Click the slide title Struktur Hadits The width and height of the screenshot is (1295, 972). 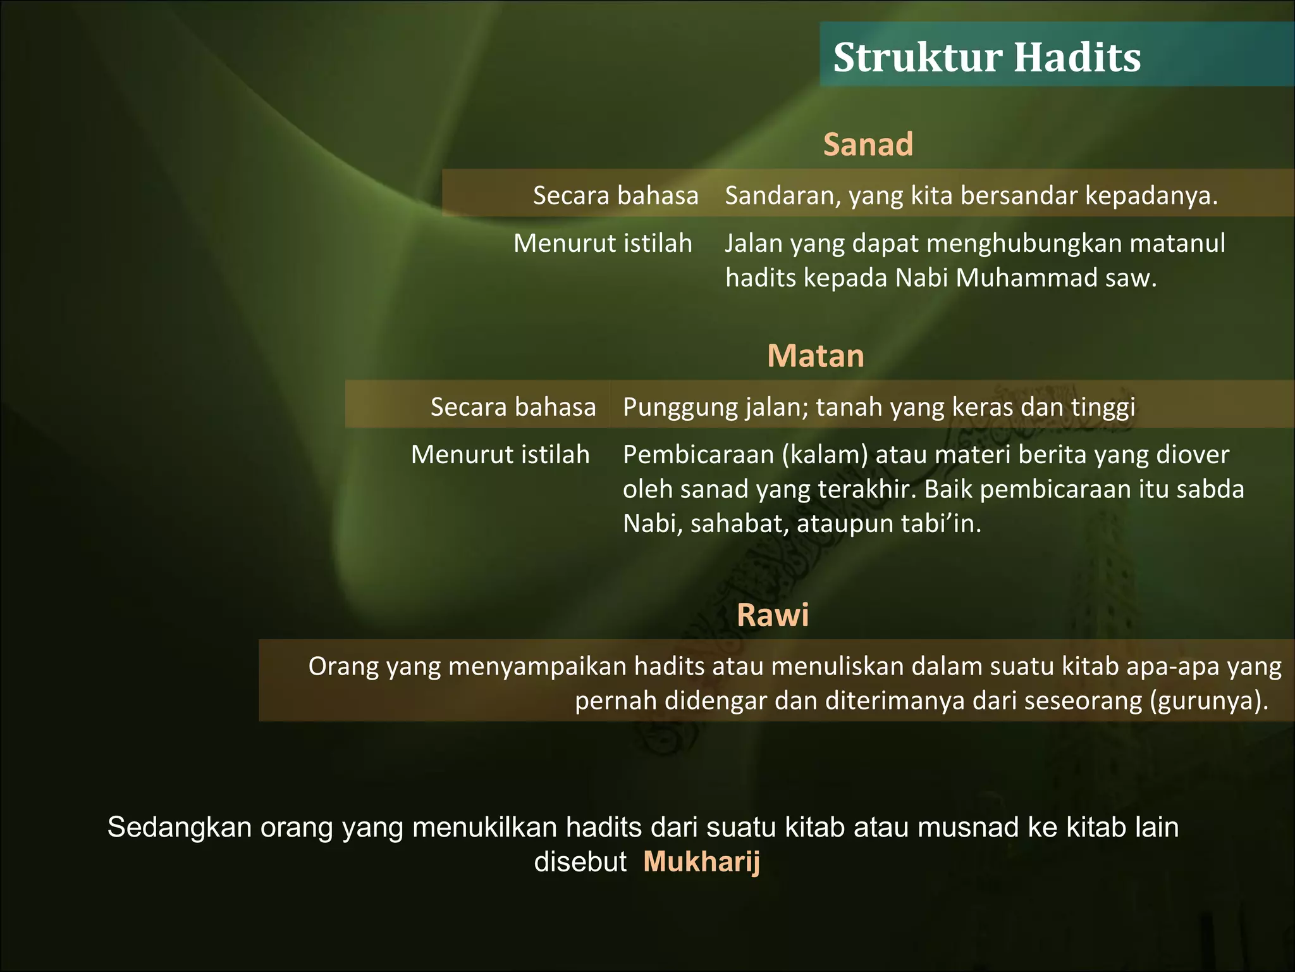[x=986, y=58]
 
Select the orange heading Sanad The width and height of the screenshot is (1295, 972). [x=868, y=144]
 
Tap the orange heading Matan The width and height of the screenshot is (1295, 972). [x=815, y=356]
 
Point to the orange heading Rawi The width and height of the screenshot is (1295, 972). [x=772, y=615]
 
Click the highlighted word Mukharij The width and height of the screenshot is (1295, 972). [x=701, y=862]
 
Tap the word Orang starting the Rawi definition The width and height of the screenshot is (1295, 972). [x=343, y=667]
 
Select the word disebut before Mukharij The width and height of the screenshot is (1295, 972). [x=580, y=862]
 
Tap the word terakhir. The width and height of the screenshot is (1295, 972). [x=864, y=490]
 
